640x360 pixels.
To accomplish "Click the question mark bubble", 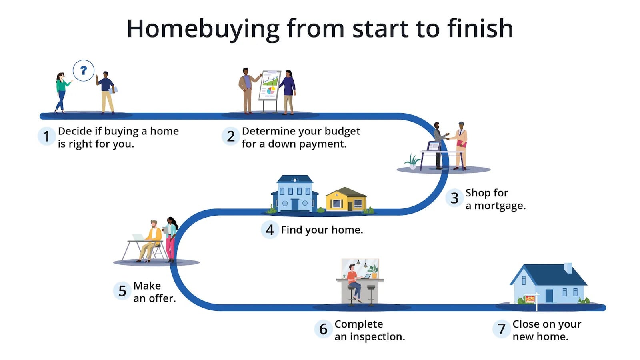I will (84, 71).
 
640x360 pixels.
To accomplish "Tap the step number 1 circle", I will (46, 136).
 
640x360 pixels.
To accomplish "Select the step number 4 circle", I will (270, 230).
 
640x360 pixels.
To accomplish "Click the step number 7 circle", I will (501, 329).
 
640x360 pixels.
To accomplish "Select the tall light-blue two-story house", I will (295, 193).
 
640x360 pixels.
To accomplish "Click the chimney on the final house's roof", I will (568, 268).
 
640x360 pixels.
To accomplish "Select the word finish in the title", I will (480, 29).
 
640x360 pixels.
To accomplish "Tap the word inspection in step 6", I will (377, 337).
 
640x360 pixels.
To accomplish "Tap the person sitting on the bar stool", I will (354, 282).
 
